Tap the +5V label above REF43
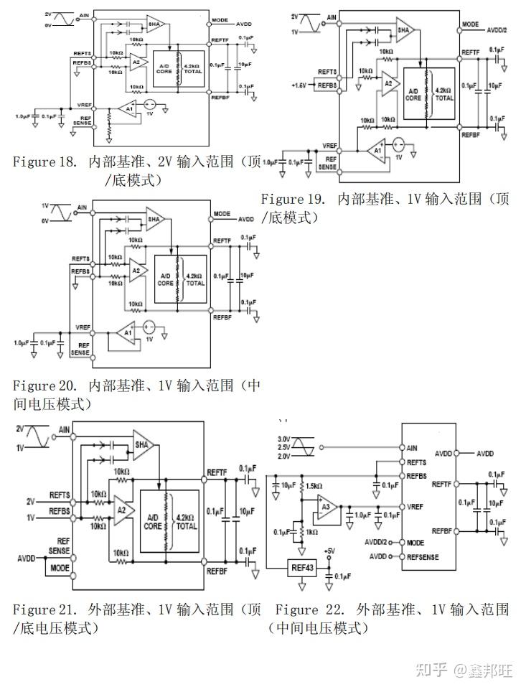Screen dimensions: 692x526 [329, 551]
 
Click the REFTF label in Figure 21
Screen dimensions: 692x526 [217, 472]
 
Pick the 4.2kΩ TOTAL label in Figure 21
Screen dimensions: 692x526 [186, 521]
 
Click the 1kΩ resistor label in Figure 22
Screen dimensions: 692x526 [311, 531]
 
